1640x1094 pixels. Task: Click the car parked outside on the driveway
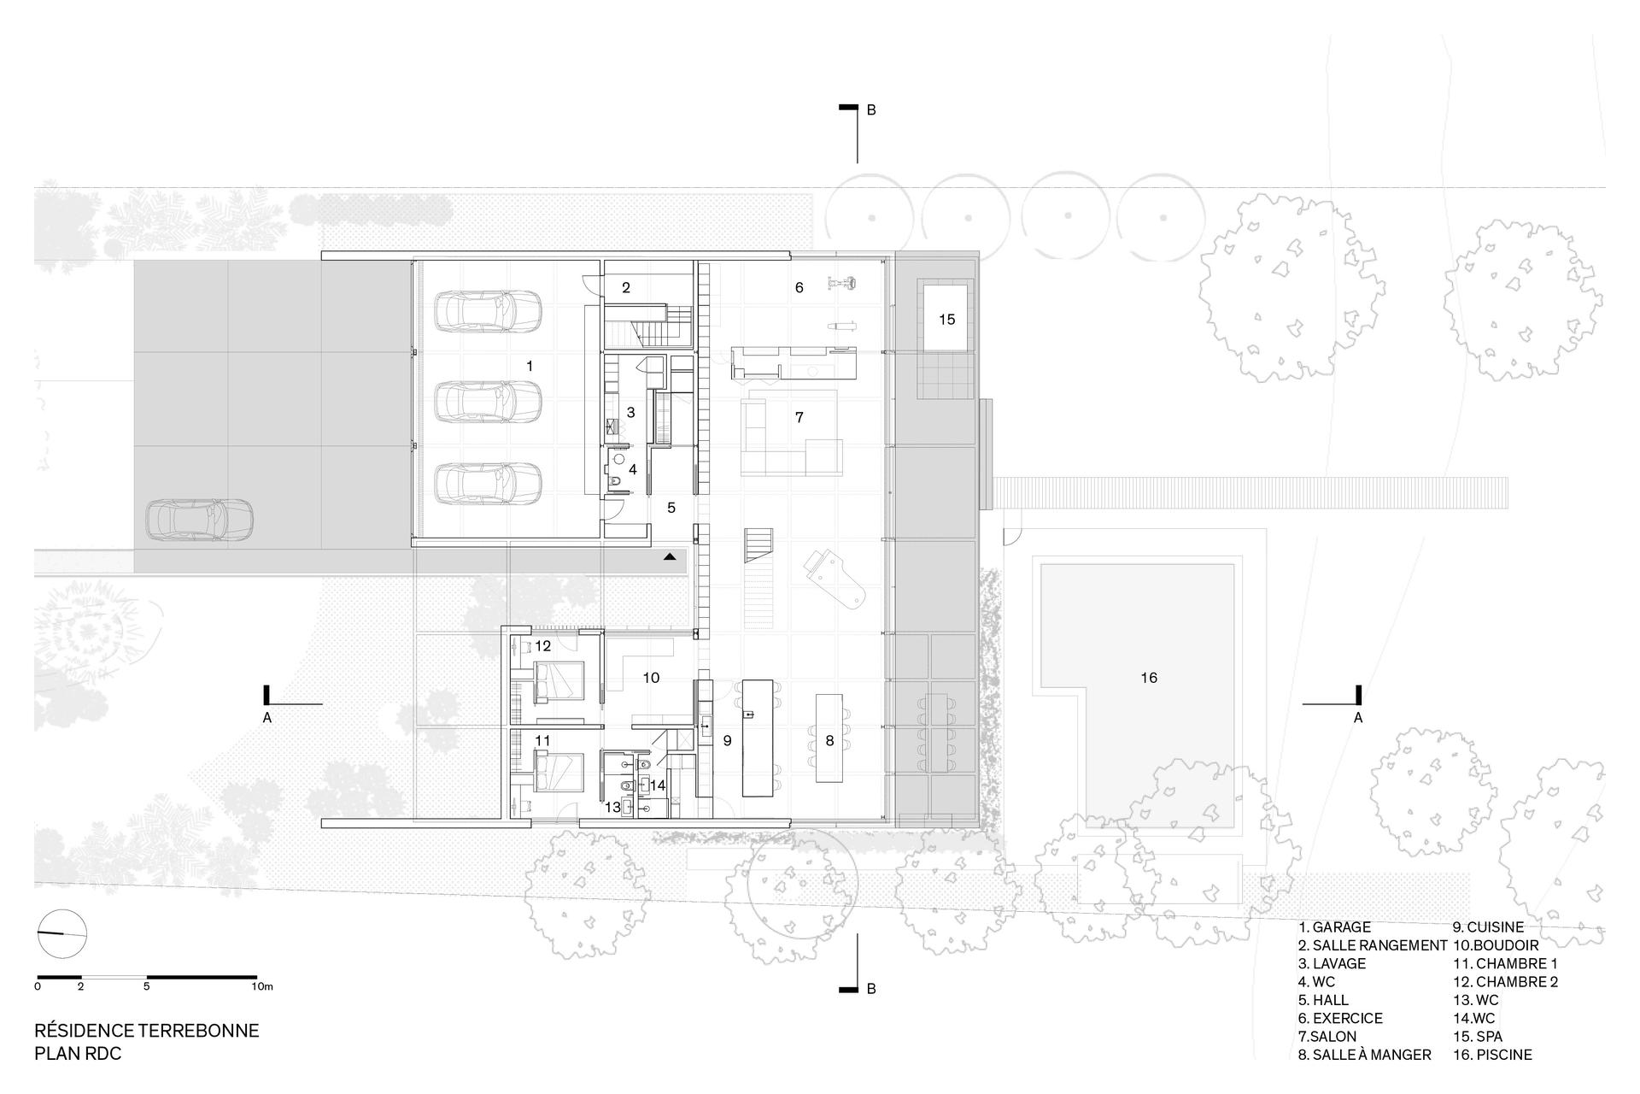pyautogui.click(x=200, y=520)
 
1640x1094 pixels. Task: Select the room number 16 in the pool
pyautogui.click(x=1149, y=678)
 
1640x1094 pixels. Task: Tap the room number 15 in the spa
pyautogui.click(x=946, y=320)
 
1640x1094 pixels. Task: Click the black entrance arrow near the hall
pyautogui.click(x=671, y=556)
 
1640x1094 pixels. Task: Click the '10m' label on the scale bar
pyautogui.click(x=262, y=986)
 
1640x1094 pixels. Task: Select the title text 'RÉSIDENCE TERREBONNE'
pyautogui.click(x=146, y=1031)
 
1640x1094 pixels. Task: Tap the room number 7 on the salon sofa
pyautogui.click(x=799, y=418)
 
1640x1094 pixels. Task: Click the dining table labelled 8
pyautogui.click(x=829, y=738)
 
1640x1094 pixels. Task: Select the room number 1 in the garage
pyautogui.click(x=530, y=366)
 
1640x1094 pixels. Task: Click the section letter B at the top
pyautogui.click(x=871, y=110)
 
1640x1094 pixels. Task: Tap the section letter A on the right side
pyautogui.click(x=1358, y=718)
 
